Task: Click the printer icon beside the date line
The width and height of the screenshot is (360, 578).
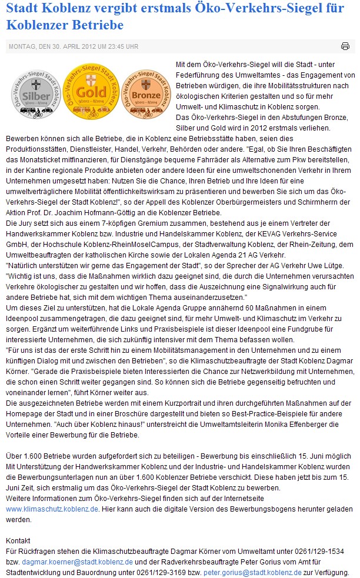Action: point(345,46)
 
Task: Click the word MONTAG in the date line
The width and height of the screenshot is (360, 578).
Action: point(21,46)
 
